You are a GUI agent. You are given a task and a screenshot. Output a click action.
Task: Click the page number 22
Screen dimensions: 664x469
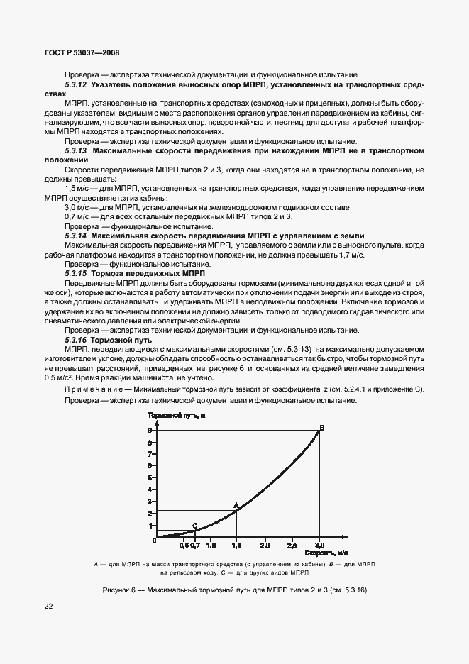pyautogui.click(x=49, y=606)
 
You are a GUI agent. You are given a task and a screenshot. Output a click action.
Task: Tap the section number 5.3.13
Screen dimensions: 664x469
pyautogui.click(x=75, y=150)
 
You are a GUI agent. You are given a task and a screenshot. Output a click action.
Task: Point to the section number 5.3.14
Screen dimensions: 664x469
pyautogui.click(x=75, y=235)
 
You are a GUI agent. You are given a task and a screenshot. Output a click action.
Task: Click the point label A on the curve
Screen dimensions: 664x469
pyautogui.click(x=236, y=505)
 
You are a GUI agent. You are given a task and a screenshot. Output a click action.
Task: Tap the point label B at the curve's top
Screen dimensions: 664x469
pyautogui.click(x=321, y=427)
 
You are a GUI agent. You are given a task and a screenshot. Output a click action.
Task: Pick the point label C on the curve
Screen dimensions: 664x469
pyautogui.click(x=194, y=525)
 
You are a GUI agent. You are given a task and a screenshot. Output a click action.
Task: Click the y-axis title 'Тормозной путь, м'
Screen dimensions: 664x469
pyautogui.click(x=177, y=414)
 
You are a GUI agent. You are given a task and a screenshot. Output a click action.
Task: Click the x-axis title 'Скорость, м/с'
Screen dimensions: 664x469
pyautogui.click(x=326, y=551)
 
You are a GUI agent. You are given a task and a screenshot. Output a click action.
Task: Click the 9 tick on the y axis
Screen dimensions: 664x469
pyautogui.click(x=150, y=431)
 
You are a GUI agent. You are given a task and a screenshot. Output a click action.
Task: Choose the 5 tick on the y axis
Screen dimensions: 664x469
pyautogui.click(x=150, y=477)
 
